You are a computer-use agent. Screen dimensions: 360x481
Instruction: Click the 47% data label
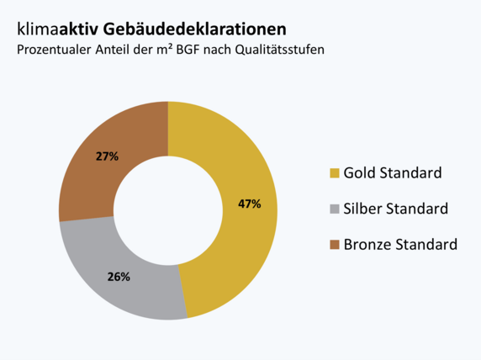[250, 204]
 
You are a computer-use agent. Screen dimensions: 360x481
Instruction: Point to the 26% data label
[119, 276]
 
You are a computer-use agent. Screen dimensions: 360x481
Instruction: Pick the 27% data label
[107, 156]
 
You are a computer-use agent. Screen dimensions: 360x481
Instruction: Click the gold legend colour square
[335, 173]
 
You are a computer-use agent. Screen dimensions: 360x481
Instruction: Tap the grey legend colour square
[335, 209]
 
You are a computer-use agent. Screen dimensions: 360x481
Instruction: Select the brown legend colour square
[335, 245]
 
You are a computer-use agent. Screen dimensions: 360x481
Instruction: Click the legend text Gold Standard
[393, 173]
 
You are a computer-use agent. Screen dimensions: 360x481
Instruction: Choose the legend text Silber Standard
[396, 209]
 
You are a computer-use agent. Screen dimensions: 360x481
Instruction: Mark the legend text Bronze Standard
[400, 245]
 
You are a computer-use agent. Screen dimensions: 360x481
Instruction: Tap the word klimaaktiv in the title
[57, 30]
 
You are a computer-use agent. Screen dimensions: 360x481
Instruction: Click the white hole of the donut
[167, 210]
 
